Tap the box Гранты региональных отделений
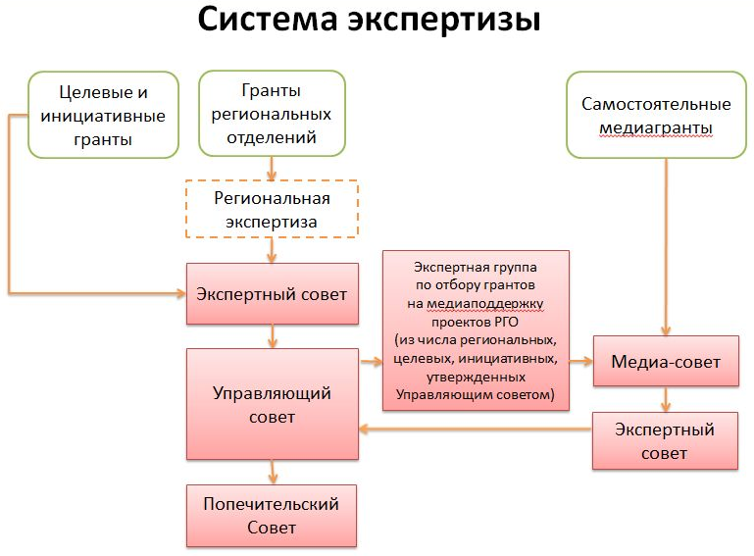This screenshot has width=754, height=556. pos(272,114)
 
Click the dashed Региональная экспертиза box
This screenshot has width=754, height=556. pos(272,210)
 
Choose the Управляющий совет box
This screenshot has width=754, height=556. pos(272,404)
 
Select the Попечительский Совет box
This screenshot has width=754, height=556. pos(272,516)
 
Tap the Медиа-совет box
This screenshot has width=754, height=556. pos(666,362)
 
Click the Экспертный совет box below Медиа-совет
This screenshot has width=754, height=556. pos(665,440)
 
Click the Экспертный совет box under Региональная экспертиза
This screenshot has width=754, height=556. pos(272,294)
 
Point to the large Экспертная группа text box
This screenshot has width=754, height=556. pos(477,329)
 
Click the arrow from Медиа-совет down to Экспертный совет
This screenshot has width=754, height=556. pos(666,398)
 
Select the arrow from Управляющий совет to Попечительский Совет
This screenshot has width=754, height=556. pos(272,472)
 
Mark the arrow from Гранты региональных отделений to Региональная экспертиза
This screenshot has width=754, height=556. pos(272,169)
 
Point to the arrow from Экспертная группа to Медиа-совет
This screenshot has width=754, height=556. pos(581,361)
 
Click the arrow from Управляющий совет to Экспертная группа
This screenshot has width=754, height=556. pos(370,361)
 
